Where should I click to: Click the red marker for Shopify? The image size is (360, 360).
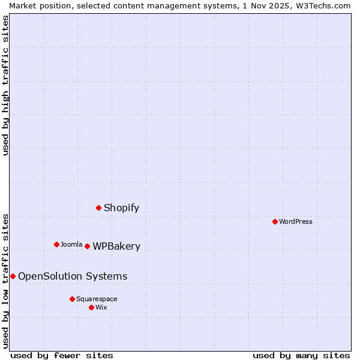[99, 208]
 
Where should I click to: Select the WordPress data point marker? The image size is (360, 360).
[275, 221]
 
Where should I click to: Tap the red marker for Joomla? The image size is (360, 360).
[56, 244]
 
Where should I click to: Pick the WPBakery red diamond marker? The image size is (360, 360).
[87, 246]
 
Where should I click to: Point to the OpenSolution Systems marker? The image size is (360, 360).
[13, 276]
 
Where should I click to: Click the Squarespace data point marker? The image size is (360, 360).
[72, 299]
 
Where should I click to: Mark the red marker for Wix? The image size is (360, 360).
[91, 307]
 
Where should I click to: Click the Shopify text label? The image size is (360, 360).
[121, 208]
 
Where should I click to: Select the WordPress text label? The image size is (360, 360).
[296, 221]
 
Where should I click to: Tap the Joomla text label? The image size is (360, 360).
[71, 244]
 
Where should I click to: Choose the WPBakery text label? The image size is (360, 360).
[116, 247]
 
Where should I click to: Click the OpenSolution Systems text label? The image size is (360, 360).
[73, 277]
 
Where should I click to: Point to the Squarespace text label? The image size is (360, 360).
[97, 299]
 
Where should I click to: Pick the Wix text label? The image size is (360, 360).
[101, 307]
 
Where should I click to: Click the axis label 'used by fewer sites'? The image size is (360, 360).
[62, 355]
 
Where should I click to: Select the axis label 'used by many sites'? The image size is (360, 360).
[301, 355]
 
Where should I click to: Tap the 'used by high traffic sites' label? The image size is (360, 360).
[5, 85]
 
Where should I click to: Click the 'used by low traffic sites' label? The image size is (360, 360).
[5, 281]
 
